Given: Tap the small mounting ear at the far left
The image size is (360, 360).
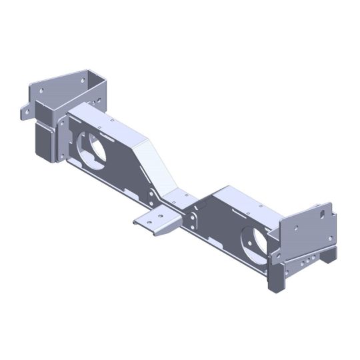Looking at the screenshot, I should (27, 110).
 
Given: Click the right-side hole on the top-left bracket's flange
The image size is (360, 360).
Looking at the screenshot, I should (83, 80).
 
